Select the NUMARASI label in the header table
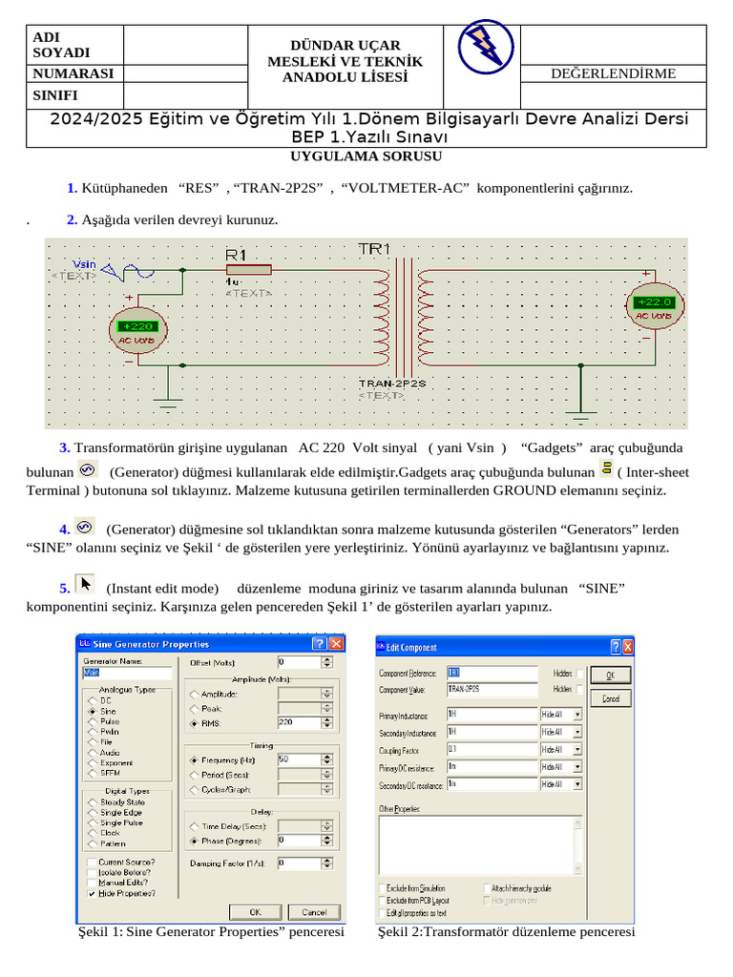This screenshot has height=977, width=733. (73, 73)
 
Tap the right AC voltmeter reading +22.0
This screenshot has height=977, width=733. (654, 308)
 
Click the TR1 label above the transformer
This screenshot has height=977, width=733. (374, 249)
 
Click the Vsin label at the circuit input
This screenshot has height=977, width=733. (84, 263)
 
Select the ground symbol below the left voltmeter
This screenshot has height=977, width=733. (169, 401)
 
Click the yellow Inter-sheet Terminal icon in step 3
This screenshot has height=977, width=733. (606, 468)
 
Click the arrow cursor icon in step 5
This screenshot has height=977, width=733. (86, 584)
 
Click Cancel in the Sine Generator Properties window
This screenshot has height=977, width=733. (314, 912)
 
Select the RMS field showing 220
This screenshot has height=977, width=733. (298, 722)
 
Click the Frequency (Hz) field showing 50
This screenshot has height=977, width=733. (298, 759)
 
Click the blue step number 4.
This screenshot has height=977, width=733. (64, 529)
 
